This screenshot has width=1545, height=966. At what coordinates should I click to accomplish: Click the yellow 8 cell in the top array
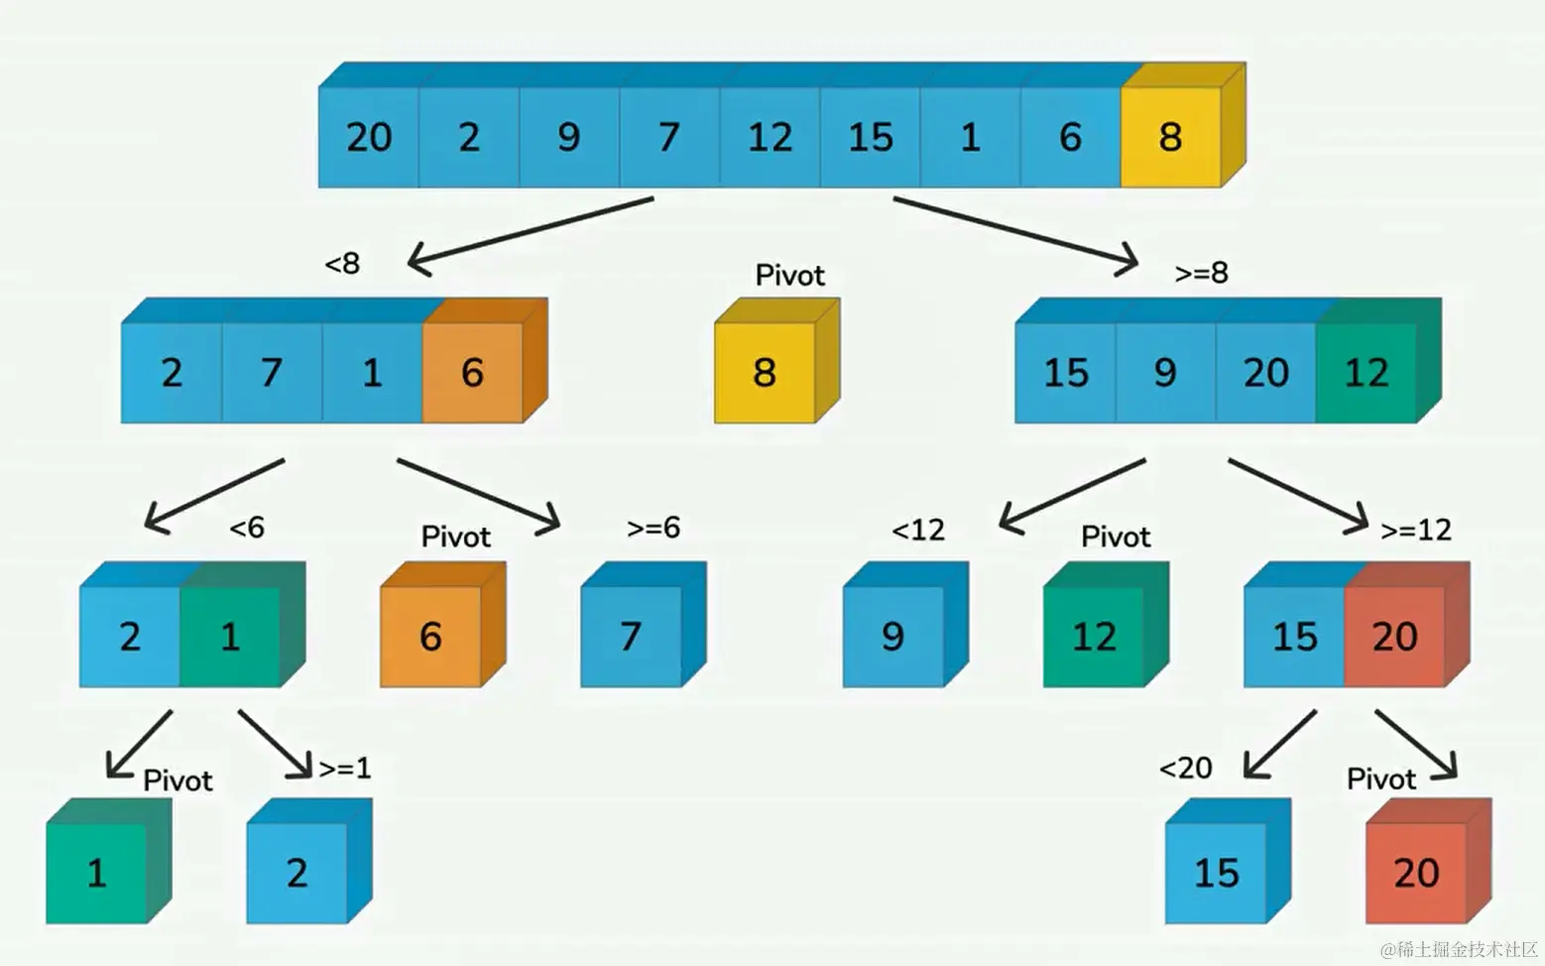1170,137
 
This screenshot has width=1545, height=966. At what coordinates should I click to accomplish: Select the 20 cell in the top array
368,137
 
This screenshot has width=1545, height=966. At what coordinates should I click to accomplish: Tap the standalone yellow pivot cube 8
764,373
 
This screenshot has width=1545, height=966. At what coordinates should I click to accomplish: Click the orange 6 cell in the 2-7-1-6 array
472,373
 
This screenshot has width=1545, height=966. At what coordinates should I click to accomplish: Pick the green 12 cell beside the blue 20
1366,373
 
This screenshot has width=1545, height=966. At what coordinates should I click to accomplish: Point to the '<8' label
342,264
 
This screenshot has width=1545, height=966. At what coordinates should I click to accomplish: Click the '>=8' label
1201,273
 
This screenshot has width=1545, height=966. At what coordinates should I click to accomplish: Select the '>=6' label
654,528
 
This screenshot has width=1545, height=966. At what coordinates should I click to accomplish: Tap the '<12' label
918,531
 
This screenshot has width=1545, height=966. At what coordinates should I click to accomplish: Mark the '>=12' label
1415,531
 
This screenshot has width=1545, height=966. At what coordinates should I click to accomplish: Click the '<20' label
1185,768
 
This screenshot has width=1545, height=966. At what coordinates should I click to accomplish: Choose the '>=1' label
345,768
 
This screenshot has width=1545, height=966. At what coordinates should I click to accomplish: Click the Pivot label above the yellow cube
789,276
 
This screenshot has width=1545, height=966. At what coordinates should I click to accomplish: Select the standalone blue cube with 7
631,636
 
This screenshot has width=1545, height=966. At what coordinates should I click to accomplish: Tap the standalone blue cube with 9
892,636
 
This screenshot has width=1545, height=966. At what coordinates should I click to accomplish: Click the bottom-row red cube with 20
1415,873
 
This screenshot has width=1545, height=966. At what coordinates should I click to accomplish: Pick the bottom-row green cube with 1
96,873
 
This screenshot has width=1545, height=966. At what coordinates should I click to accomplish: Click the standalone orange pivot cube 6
430,636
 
